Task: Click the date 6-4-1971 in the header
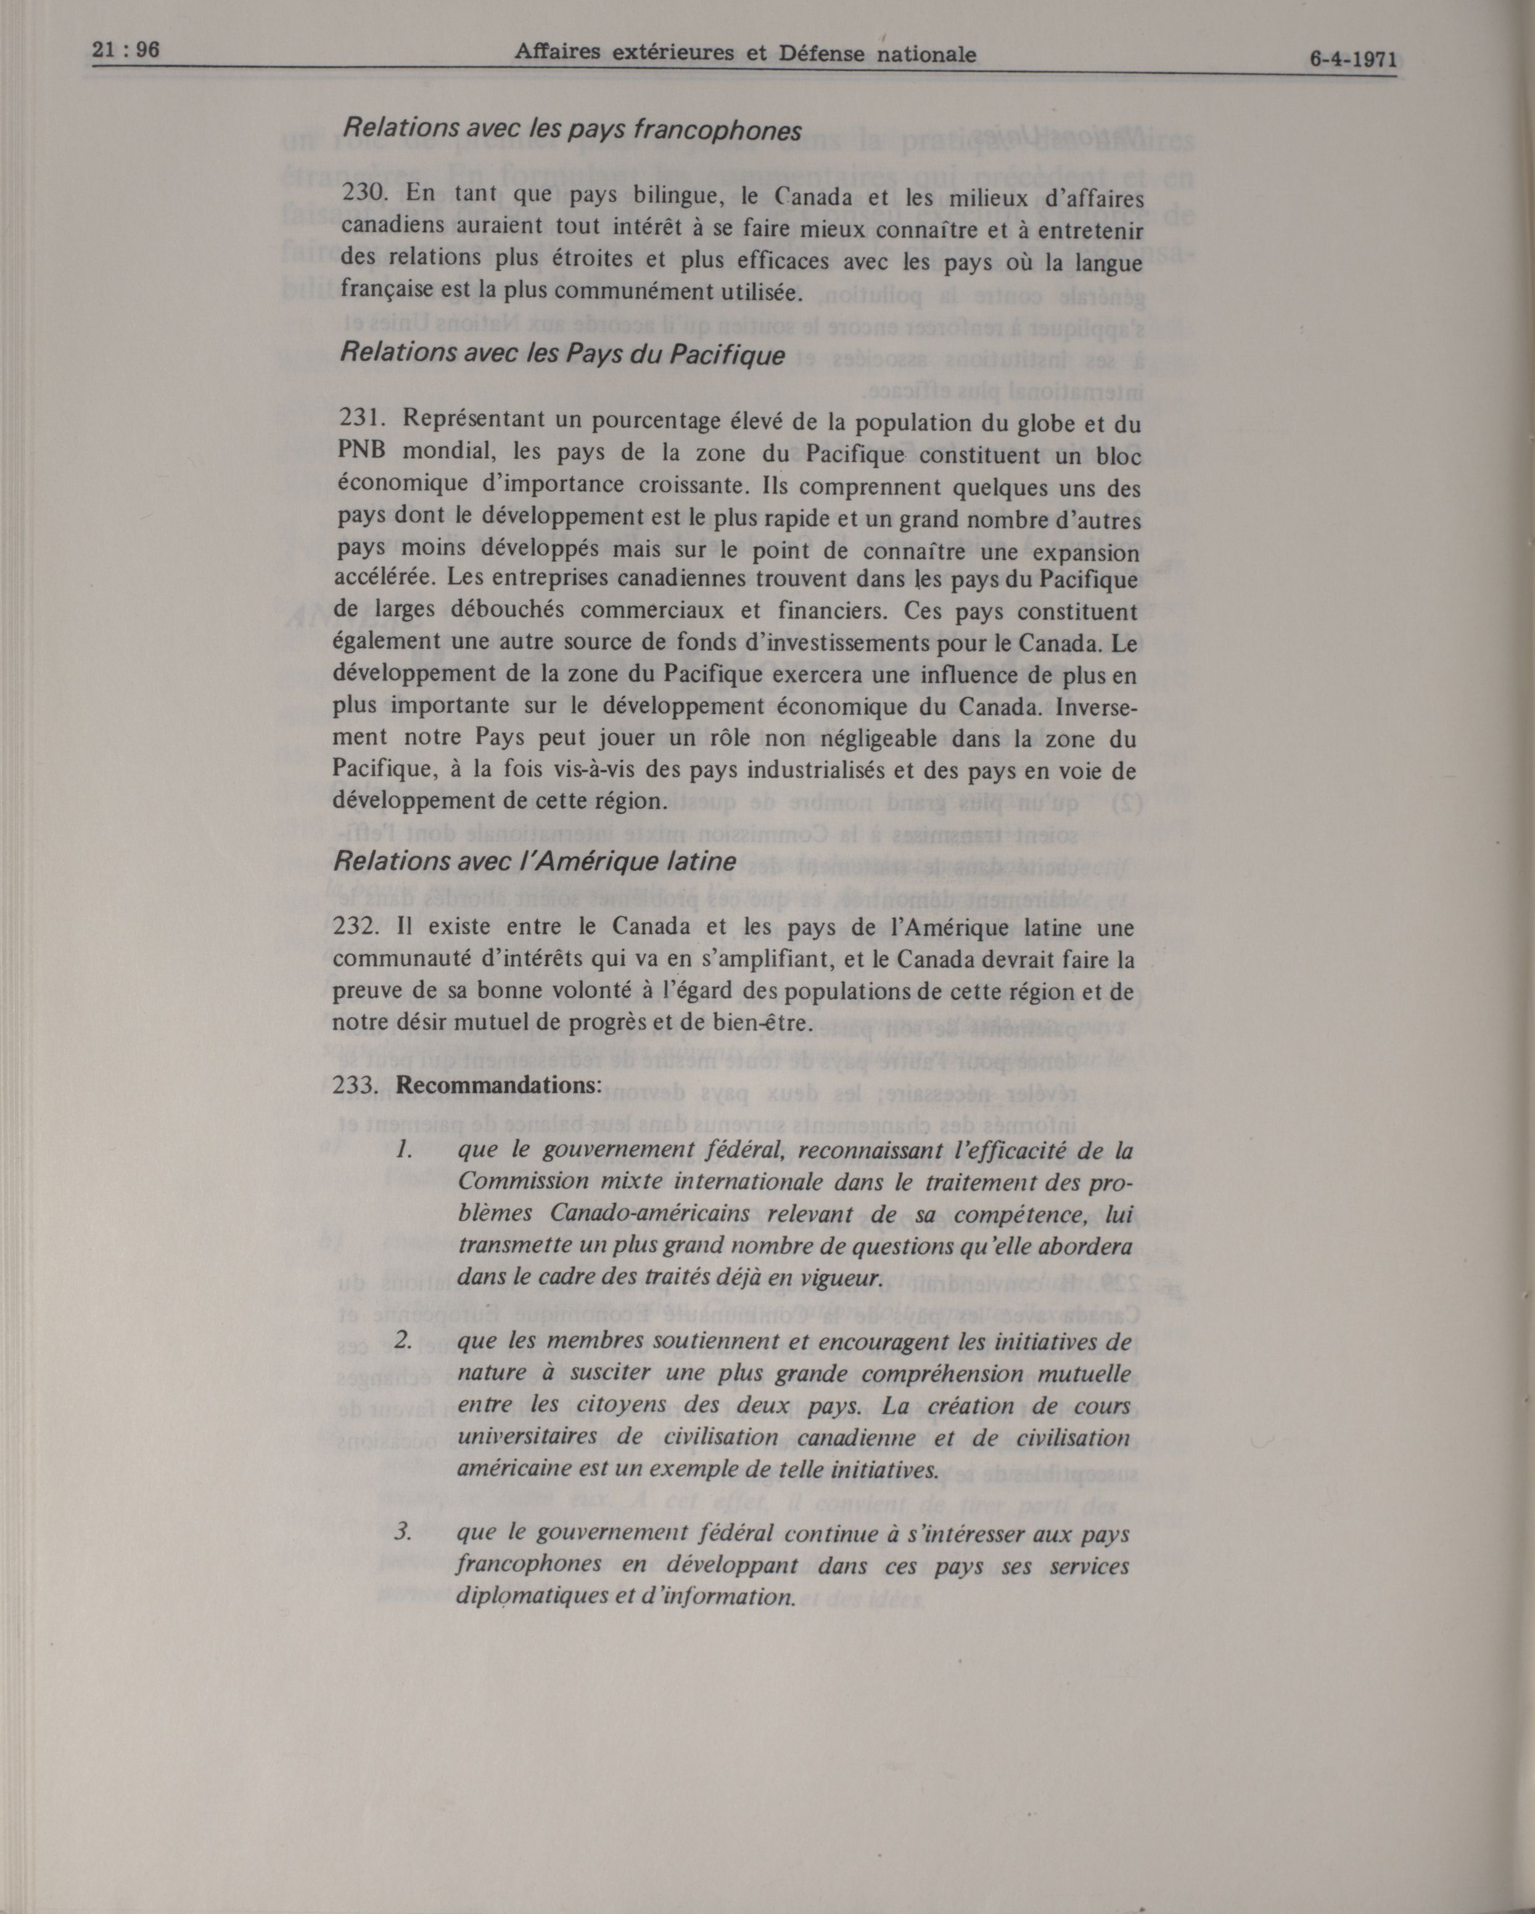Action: [x=1352, y=60]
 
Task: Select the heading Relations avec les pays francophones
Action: [x=571, y=131]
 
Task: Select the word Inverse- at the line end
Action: [x=1098, y=707]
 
